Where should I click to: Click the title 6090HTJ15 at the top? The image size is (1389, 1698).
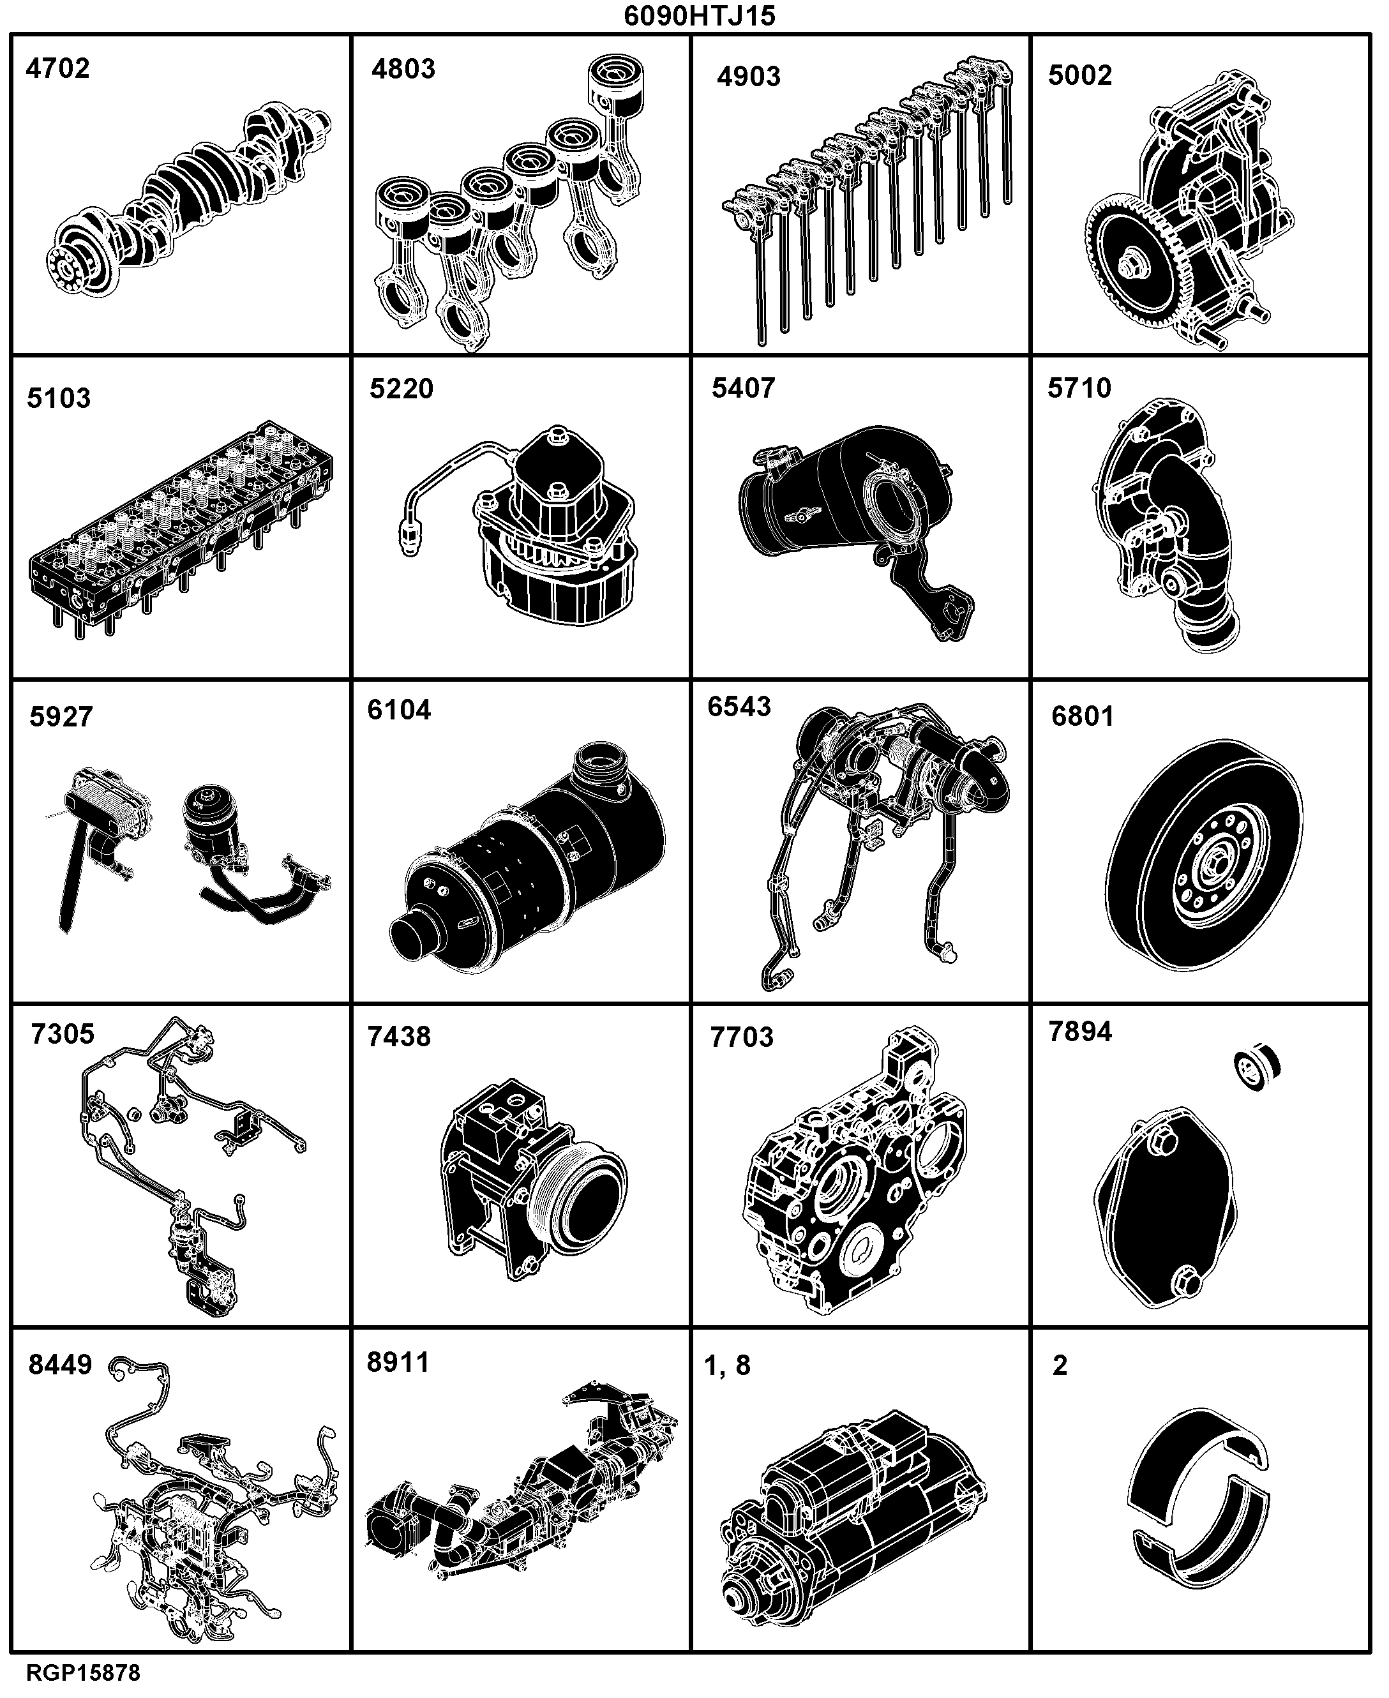click(x=700, y=16)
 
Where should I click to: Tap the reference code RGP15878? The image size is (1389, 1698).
click(x=83, y=1672)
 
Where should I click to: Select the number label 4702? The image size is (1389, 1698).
click(x=57, y=69)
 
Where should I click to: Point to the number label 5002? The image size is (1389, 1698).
click(x=1080, y=75)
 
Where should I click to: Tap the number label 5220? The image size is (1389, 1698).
click(x=401, y=389)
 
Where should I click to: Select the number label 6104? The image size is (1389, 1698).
click(x=399, y=710)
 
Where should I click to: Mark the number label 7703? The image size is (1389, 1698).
click(x=742, y=1038)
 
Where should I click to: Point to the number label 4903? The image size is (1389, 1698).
click(x=748, y=77)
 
